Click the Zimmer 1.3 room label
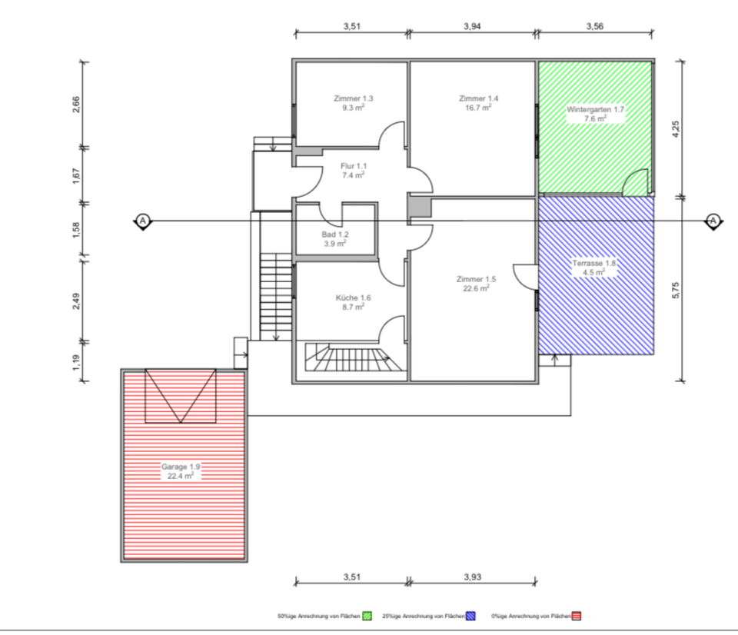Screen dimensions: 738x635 click(354, 98)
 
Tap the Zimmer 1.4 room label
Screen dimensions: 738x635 click(478, 98)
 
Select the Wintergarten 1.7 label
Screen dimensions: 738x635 click(595, 110)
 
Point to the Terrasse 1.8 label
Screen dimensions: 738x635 click(594, 264)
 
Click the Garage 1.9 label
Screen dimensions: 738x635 click(181, 467)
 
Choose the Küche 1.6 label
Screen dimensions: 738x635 click(354, 298)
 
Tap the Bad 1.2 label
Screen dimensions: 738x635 click(335, 234)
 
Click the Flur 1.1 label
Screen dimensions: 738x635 click(354, 166)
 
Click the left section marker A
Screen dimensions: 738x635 click(142, 221)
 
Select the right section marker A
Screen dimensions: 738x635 click(713, 221)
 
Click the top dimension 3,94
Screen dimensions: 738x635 click(473, 26)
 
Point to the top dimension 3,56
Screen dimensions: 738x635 click(595, 26)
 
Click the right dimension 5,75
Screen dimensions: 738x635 click(676, 287)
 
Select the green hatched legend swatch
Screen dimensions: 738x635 click(367, 616)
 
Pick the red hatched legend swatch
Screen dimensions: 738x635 click(576, 616)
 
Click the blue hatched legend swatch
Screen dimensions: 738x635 click(470, 616)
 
